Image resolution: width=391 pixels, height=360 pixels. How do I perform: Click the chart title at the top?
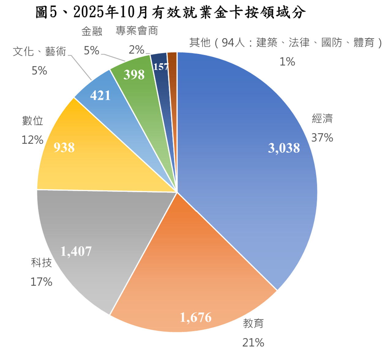pos(170,13)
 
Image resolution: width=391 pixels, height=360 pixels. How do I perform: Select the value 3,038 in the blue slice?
pos(284,148)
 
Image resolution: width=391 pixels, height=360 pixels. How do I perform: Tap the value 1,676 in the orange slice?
pos(195,317)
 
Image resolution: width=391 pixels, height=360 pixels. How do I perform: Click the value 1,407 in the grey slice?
pos(76,251)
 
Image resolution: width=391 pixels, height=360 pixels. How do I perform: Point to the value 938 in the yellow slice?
pos(64,148)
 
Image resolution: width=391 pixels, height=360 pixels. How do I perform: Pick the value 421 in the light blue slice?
pos(100,96)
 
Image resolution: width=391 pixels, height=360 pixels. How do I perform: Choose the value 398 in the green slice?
pos(134,75)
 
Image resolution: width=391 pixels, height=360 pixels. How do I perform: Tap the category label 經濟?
pos(322,118)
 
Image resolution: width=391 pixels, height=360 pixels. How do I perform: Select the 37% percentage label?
pos(322,138)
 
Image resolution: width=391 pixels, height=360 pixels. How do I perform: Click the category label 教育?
pos(253,323)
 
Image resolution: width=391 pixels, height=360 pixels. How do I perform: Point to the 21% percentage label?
pos(253,343)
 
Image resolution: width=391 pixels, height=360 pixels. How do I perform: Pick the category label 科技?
pos(42,262)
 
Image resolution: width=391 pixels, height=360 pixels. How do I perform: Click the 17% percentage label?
pos(41,282)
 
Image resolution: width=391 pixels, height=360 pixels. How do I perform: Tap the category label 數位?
pos(33,121)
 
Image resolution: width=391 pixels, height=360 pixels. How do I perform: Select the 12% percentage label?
pos(32,140)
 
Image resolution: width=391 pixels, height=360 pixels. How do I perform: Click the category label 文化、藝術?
pos(39,51)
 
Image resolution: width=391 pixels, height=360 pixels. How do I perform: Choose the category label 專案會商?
pos(137,31)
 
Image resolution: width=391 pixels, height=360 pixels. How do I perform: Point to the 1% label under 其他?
pos(287,62)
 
